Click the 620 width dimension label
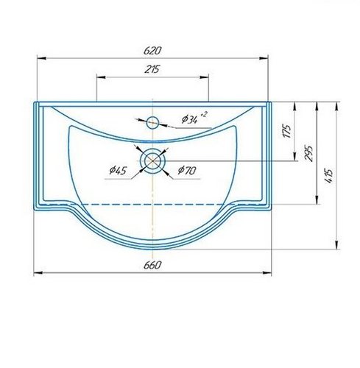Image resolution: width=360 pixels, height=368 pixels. pos(152,51)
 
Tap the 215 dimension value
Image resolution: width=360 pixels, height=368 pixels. pos(152,69)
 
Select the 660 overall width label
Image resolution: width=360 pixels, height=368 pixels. pos(152,265)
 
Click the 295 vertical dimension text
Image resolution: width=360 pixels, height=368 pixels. pos(308,154)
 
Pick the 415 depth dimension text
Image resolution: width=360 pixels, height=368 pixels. pos(328,175)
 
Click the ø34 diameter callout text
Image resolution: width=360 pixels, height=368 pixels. pos(190,119)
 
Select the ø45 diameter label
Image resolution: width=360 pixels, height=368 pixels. pos(118,170)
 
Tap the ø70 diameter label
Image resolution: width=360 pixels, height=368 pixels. pos(187,170)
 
